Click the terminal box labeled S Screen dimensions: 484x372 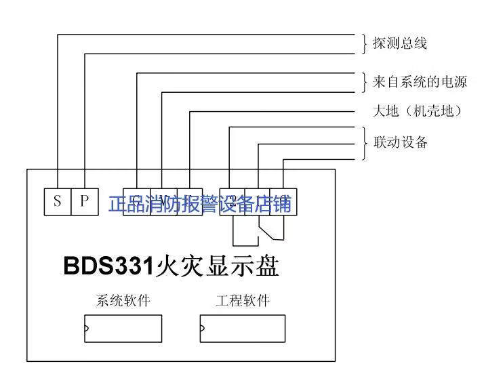58,201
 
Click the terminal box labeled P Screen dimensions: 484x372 84,201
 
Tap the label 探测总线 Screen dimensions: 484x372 399,43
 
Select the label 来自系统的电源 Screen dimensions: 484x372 420,82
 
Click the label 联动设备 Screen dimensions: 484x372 400,142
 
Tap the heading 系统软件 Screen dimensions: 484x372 123,300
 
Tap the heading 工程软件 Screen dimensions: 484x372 242,300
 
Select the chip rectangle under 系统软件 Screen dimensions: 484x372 123,329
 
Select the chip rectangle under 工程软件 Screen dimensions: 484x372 242,329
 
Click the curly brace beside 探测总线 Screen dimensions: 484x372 364,43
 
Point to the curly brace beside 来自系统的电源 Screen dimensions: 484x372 364,82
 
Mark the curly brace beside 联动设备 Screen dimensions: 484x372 364,142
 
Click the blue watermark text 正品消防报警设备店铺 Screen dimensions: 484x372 200,203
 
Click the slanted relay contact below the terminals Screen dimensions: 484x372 267,230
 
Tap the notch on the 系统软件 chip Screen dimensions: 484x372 86,329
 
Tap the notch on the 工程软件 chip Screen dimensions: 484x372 201,329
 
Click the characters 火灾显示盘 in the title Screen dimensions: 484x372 217,266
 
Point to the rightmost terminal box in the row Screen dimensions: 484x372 282,201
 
